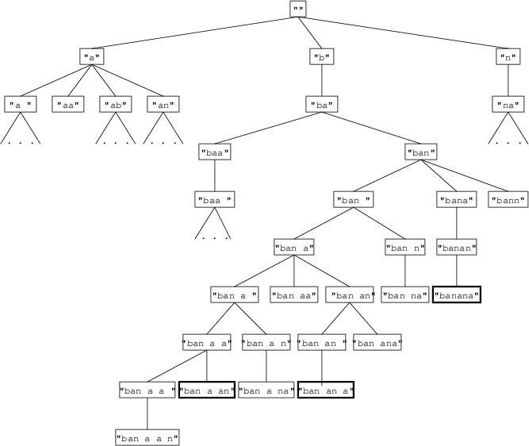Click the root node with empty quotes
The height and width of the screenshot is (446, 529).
(x=297, y=9)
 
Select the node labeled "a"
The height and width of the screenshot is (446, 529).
(x=92, y=56)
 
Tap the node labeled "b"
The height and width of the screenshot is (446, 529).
(x=321, y=56)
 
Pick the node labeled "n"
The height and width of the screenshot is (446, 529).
(x=507, y=56)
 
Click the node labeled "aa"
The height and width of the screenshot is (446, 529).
(x=68, y=104)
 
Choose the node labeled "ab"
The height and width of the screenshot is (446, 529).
(x=116, y=104)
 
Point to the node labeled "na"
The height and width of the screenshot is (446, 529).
(x=507, y=104)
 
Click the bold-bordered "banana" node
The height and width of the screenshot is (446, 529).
(x=457, y=295)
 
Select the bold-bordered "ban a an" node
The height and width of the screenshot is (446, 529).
(x=207, y=390)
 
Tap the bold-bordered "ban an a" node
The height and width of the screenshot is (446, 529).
(x=325, y=390)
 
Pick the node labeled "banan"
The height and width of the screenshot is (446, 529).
(x=457, y=248)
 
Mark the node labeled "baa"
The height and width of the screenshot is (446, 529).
(x=214, y=152)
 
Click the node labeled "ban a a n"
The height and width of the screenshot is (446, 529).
(x=148, y=436)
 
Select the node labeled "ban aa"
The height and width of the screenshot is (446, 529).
(x=294, y=295)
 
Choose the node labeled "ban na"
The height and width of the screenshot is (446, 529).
(x=405, y=295)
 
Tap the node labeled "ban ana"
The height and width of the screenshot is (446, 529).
(x=378, y=343)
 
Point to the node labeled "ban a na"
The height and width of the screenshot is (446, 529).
(x=266, y=390)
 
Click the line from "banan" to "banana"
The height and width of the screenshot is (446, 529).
(x=457, y=271)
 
